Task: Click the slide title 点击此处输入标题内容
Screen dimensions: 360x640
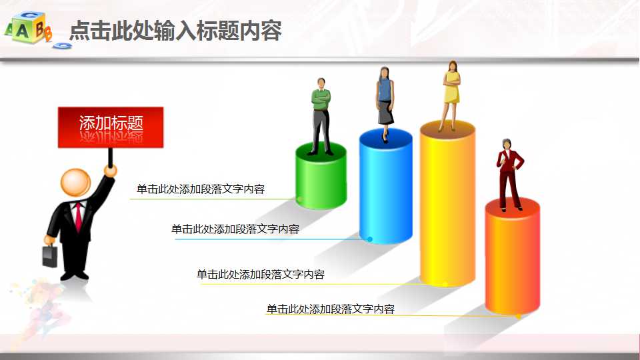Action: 176,31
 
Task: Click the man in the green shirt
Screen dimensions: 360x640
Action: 321,113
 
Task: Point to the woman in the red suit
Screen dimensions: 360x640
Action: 510,173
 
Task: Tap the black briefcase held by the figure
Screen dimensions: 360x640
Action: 50,256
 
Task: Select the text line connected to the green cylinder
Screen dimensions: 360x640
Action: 201,189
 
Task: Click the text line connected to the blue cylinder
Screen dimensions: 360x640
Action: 235,229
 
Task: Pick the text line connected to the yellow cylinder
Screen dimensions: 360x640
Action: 261,274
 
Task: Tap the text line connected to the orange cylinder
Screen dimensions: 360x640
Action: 331,309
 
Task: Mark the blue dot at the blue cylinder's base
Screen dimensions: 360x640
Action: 370,239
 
